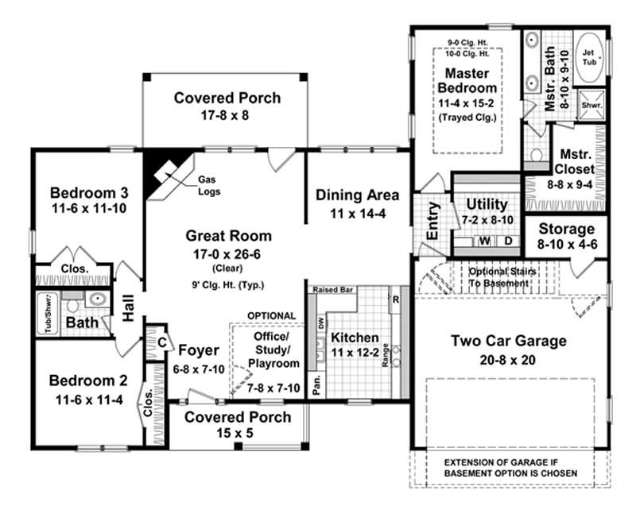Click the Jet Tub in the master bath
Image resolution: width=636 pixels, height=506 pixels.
coord(590,57)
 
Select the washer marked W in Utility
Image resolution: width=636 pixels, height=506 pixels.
coord(483,240)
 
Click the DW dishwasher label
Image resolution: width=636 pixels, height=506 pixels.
coord(320,324)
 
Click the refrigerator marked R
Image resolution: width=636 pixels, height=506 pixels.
coord(395,300)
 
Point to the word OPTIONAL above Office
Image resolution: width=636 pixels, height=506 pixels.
coord(271,315)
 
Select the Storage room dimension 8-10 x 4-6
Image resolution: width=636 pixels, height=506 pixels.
coord(566,245)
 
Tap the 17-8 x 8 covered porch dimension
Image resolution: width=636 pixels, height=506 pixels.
coord(227,115)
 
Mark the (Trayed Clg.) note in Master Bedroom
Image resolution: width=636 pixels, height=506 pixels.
coord(467,117)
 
